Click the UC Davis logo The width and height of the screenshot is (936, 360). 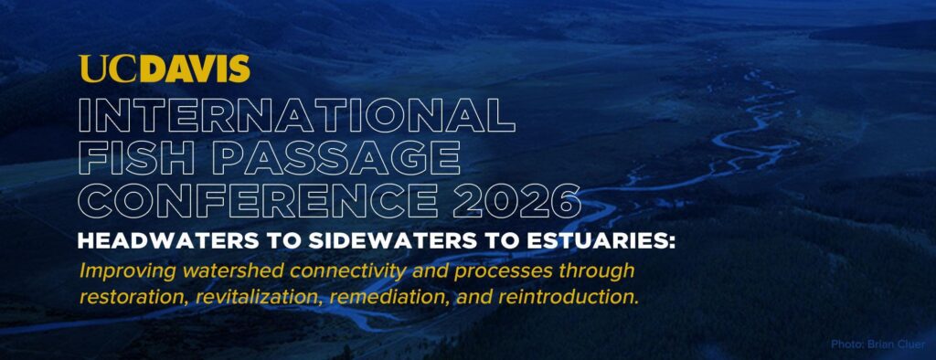(x=165, y=69)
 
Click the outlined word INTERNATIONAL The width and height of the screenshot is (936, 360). (x=297, y=115)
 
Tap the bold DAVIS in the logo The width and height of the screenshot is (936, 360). (x=198, y=69)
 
